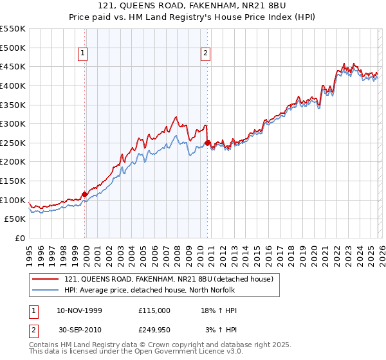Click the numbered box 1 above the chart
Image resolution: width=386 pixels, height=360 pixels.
[x=84, y=54]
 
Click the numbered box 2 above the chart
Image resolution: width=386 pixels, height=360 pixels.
[x=205, y=54]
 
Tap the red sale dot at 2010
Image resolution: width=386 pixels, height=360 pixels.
[x=207, y=143]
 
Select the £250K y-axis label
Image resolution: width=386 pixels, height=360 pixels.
[x=13, y=143]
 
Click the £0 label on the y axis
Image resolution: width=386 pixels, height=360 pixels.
[x=20, y=238]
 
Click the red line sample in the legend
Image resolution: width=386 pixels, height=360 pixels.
[x=46, y=279]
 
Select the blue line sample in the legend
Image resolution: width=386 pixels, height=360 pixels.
[x=46, y=290]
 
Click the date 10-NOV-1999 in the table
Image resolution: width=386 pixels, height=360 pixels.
[x=79, y=310]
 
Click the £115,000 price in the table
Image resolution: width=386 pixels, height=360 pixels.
[x=154, y=310]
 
